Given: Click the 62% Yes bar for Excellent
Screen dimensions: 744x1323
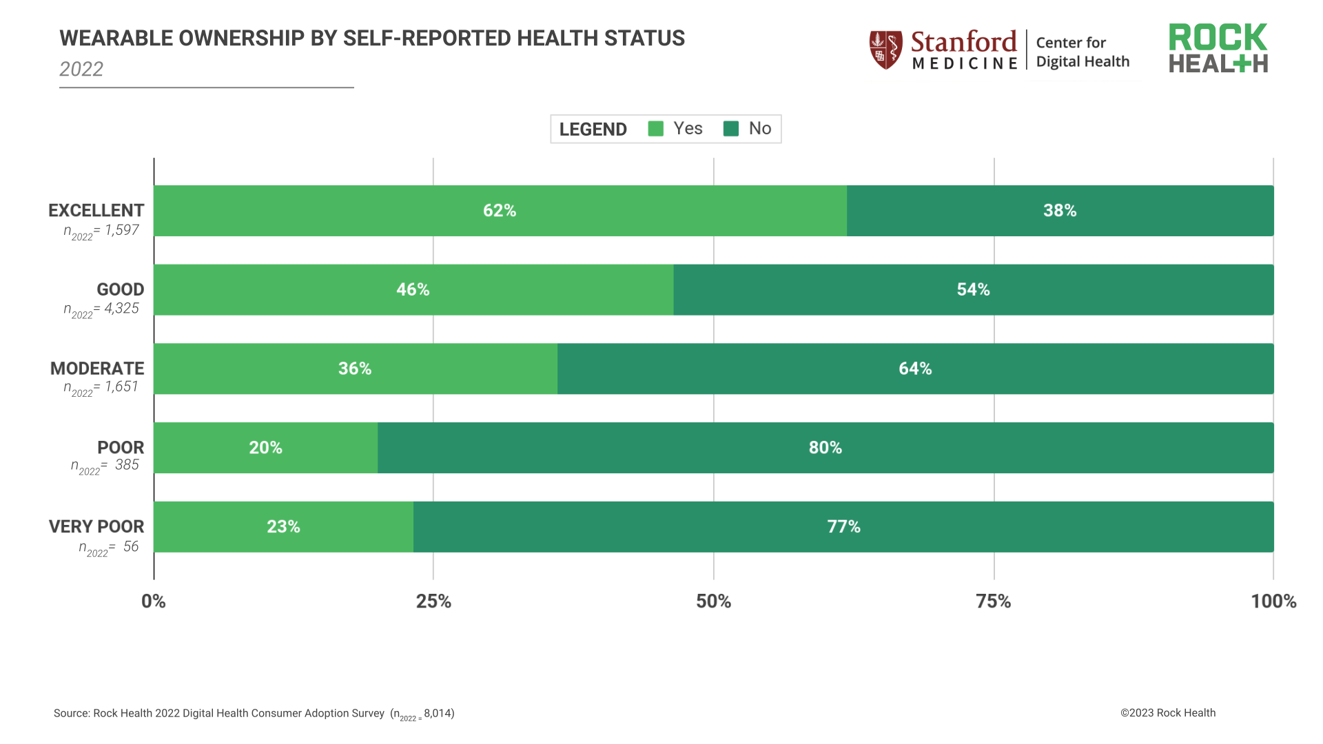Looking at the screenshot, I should (500, 211).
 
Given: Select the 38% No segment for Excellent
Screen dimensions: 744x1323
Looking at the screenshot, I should (1060, 211).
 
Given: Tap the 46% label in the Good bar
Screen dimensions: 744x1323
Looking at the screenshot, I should (413, 290).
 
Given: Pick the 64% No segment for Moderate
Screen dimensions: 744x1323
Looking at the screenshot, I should (915, 369).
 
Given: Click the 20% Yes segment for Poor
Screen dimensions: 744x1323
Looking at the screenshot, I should (266, 448).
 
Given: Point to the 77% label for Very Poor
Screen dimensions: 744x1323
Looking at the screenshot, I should (843, 527).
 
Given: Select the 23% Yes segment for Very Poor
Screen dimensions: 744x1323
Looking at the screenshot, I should (283, 527).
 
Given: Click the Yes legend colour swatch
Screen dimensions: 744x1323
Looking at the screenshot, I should (656, 129).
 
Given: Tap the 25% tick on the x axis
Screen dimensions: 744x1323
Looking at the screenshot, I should (433, 601).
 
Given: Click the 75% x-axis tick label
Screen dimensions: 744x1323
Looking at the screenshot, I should (993, 601).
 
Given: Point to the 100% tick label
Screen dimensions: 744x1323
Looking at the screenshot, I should (1273, 601).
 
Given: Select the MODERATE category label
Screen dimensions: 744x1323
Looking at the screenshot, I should (97, 369).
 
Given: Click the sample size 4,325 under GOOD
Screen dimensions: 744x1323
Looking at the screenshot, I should (121, 309).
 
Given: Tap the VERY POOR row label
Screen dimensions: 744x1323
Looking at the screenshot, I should (96, 527).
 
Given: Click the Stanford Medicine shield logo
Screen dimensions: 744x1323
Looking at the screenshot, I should (885, 50).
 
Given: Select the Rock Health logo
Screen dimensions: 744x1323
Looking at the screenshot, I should (1218, 49).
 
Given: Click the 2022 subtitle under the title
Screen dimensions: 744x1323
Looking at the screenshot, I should (81, 70).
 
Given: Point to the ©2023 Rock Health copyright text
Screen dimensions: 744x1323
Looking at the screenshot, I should (1167, 713).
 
